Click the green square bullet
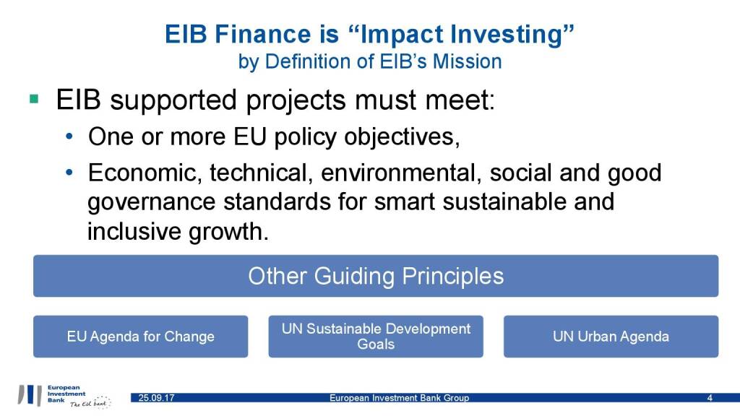click(34, 99)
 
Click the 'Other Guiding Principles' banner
click(376, 276)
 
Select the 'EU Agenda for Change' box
click(141, 337)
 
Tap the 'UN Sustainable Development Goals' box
click(376, 337)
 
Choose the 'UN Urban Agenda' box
click(611, 337)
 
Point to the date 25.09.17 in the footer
click(156, 398)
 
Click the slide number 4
click(710, 398)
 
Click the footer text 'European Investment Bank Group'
click(399, 398)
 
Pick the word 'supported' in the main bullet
click(173, 100)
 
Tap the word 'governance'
click(152, 203)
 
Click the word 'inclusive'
click(134, 231)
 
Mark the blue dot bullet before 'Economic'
click(69, 173)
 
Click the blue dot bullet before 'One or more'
click(69, 137)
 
